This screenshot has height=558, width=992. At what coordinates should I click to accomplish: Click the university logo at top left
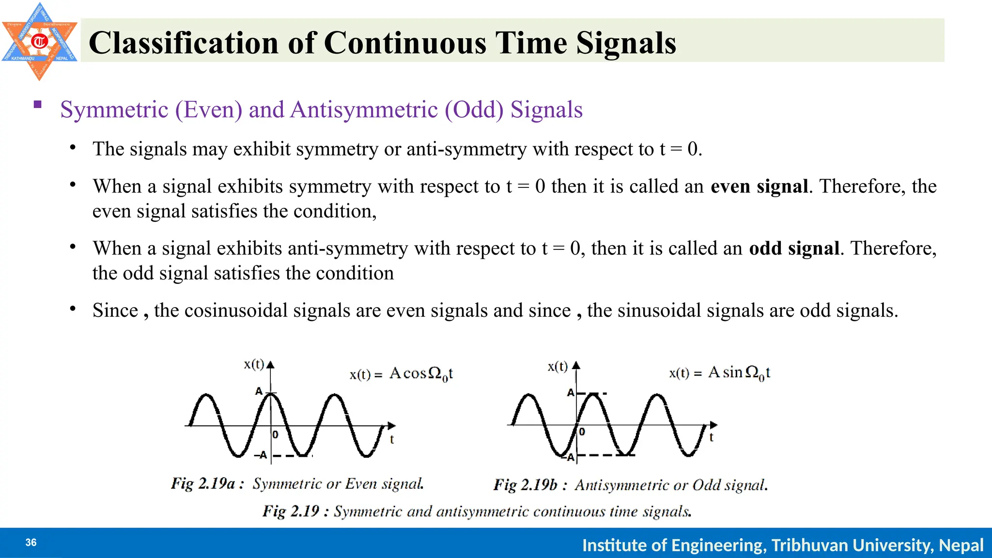pyautogui.click(x=39, y=41)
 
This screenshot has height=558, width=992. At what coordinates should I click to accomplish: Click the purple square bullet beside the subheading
pyautogui.click(x=38, y=104)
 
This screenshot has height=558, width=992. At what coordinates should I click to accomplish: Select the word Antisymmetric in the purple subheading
pyautogui.click(x=364, y=109)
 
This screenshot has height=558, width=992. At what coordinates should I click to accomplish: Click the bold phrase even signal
pyautogui.click(x=759, y=186)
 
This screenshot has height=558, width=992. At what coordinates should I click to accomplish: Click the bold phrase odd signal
pyautogui.click(x=794, y=248)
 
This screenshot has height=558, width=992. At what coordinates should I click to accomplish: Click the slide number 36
pyautogui.click(x=31, y=542)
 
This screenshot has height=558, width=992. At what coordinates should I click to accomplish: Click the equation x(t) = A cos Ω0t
pyautogui.click(x=401, y=374)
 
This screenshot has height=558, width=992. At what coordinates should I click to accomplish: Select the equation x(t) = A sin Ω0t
pyautogui.click(x=719, y=372)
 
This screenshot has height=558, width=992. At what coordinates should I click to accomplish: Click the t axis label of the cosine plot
pyautogui.click(x=392, y=439)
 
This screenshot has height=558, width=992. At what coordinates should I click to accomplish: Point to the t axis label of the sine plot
pyautogui.click(x=711, y=437)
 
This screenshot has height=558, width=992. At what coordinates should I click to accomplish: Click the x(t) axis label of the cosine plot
pyautogui.click(x=254, y=364)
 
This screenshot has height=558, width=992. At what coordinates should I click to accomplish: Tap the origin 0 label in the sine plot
pyautogui.click(x=582, y=432)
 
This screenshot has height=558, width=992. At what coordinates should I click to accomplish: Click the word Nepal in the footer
pyautogui.click(x=961, y=545)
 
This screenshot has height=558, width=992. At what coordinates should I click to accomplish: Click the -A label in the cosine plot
pyautogui.click(x=261, y=455)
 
